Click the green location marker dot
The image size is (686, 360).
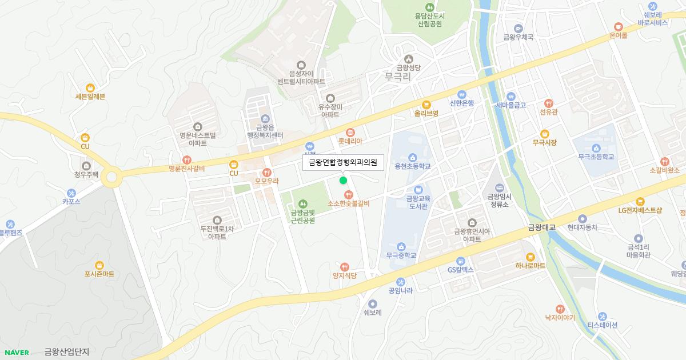(343, 181)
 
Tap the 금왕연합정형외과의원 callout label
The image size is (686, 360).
(343, 162)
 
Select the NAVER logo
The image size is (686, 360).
(16, 352)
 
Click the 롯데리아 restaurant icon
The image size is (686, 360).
(350, 132)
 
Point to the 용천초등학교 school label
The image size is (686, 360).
(412, 166)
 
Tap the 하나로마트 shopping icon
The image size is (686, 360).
(530, 257)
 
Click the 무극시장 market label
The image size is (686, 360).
(544, 142)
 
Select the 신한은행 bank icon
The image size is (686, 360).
(462, 95)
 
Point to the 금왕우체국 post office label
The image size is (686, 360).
(518, 37)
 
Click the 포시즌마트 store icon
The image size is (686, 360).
(99, 265)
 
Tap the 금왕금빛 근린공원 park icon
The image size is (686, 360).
(302, 203)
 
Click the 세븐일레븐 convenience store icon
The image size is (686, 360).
(90, 87)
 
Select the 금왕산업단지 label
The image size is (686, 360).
(67, 352)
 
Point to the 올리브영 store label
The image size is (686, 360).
(426, 113)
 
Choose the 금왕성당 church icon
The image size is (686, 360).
(408, 59)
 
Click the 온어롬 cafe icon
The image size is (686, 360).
(618, 26)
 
